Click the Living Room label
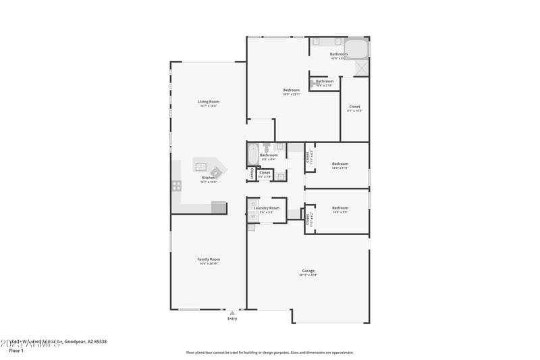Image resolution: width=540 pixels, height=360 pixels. pyautogui.click(x=209, y=101)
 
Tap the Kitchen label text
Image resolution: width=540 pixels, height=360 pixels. pyautogui.click(x=209, y=178)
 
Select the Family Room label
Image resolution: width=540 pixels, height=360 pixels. pyautogui.click(x=209, y=259)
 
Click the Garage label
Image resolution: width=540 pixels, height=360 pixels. pyautogui.click(x=308, y=271)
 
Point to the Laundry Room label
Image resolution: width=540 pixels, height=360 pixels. pyautogui.click(x=267, y=208)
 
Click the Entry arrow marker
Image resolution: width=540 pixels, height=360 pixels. pyautogui.click(x=232, y=313)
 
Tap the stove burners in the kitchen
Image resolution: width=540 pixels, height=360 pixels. pyautogui.click(x=176, y=185)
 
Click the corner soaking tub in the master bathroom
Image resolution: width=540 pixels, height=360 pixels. pyautogui.click(x=358, y=49)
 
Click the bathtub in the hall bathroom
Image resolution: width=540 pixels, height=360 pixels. pyautogui.click(x=252, y=155)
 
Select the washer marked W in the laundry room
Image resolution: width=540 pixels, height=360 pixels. pyautogui.click(x=252, y=217)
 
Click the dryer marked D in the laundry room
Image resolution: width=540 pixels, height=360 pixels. pyautogui.click(x=252, y=204)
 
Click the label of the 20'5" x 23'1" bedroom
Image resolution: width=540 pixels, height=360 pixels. pyautogui.click(x=292, y=90)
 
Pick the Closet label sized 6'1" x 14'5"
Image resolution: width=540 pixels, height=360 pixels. pyautogui.click(x=354, y=107)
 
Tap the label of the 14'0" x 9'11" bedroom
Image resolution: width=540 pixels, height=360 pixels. pyautogui.click(x=340, y=163)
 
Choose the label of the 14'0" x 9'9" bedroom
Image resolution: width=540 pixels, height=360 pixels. pyautogui.click(x=340, y=208)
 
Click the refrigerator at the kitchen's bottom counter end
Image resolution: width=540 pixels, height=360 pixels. pyautogui.click(x=219, y=207)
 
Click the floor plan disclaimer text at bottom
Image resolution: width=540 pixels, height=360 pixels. pyautogui.click(x=270, y=352)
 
